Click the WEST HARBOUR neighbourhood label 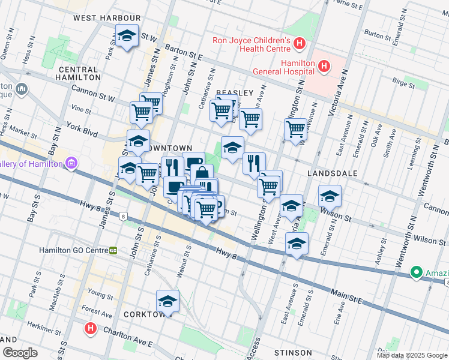[x=107, y=18]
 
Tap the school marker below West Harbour [x=127, y=37]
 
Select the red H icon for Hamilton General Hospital [x=324, y=66]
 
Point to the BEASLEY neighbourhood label [x=235, y=92]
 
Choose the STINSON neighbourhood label [x=292, y=352]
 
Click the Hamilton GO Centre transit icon [x=113, y=250]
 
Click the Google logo [x=20, y=352]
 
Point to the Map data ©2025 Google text [x=412, y=355]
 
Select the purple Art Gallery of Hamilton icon [x=71, y=163]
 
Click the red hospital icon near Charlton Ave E [x=90, y=329]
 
